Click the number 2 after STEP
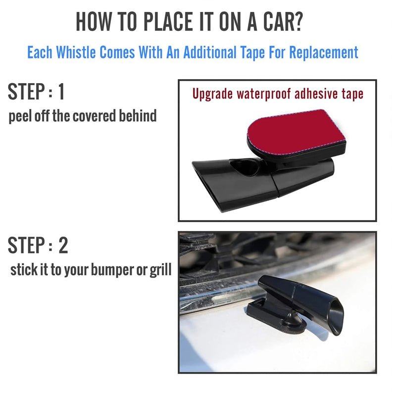(x=62, y=246)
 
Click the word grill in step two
(x=160, y=270)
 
